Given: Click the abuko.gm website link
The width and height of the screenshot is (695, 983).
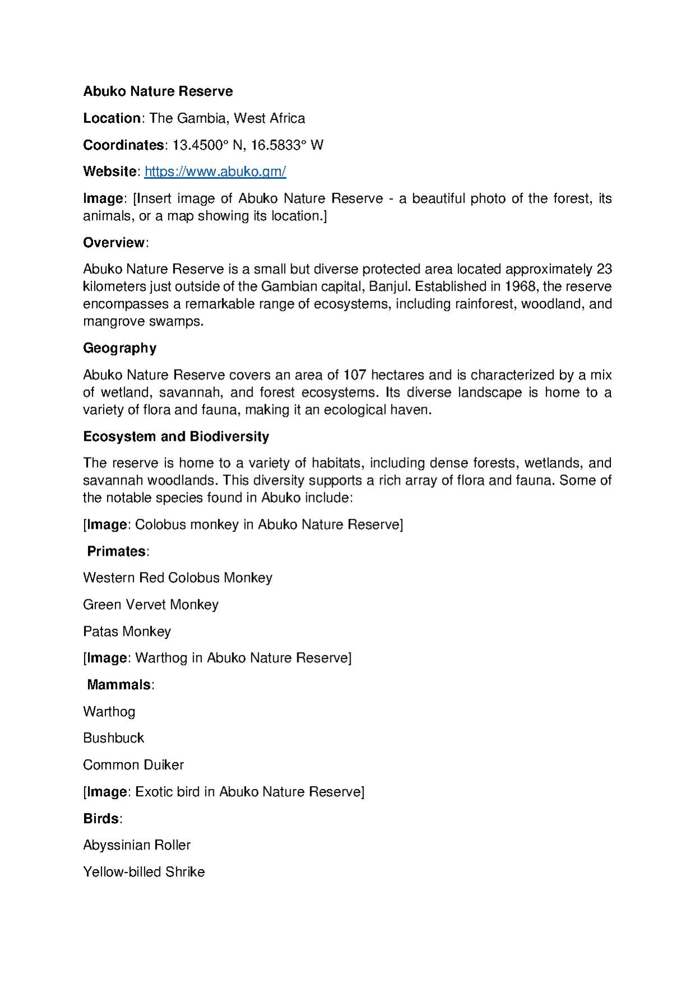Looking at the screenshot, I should tap(215, 172).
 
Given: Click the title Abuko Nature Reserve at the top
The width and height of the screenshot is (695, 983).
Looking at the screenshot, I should tap(158, 91).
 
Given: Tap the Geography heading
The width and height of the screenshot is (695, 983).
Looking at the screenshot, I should tap(119, 348).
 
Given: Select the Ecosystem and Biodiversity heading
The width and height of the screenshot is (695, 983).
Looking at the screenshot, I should tap(176, 437).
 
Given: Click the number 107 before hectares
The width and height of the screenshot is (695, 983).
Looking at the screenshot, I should tap(355, 375).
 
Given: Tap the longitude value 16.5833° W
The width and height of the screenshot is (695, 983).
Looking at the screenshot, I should tap(287, 145).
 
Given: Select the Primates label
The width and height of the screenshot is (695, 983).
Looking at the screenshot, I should tap(117, 552).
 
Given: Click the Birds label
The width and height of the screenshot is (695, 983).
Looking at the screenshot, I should tap(101, 819).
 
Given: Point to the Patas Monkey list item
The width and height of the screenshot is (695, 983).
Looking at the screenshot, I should tap(127, 632).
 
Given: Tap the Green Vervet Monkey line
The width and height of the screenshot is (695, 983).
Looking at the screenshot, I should tap(150, 605).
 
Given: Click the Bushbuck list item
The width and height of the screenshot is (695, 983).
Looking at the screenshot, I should tap(113, 739).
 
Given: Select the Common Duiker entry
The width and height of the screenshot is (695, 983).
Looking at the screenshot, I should tap(134, 765).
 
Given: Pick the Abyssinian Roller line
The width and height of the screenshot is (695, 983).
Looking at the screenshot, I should tap(137, 846).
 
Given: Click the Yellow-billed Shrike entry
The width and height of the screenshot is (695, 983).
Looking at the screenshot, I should tap(144, 873).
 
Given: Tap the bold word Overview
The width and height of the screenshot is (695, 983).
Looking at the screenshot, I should tap(114, 243).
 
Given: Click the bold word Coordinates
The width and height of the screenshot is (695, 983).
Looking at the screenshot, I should tap(123, 145).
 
